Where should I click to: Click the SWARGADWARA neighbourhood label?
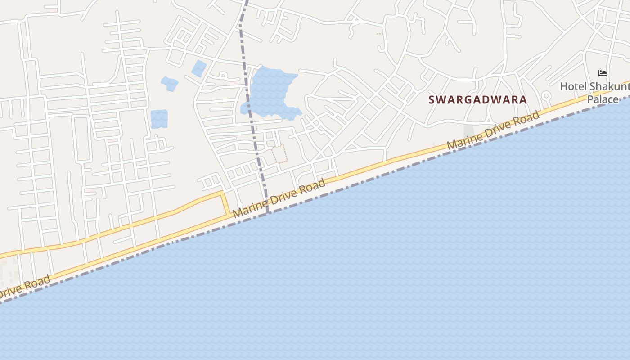477,99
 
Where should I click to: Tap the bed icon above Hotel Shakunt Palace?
603,73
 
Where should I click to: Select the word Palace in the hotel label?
603,99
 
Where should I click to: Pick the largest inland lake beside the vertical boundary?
270,92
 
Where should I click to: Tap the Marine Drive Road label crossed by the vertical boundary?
279,198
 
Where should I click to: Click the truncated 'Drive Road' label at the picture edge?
25,288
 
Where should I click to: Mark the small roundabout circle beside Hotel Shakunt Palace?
546,95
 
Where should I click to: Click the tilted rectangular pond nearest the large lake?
198,68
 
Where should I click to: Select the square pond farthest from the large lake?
159,119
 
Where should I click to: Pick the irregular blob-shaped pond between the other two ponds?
170,84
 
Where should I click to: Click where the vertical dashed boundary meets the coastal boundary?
268,212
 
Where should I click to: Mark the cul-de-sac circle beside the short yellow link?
240,205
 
